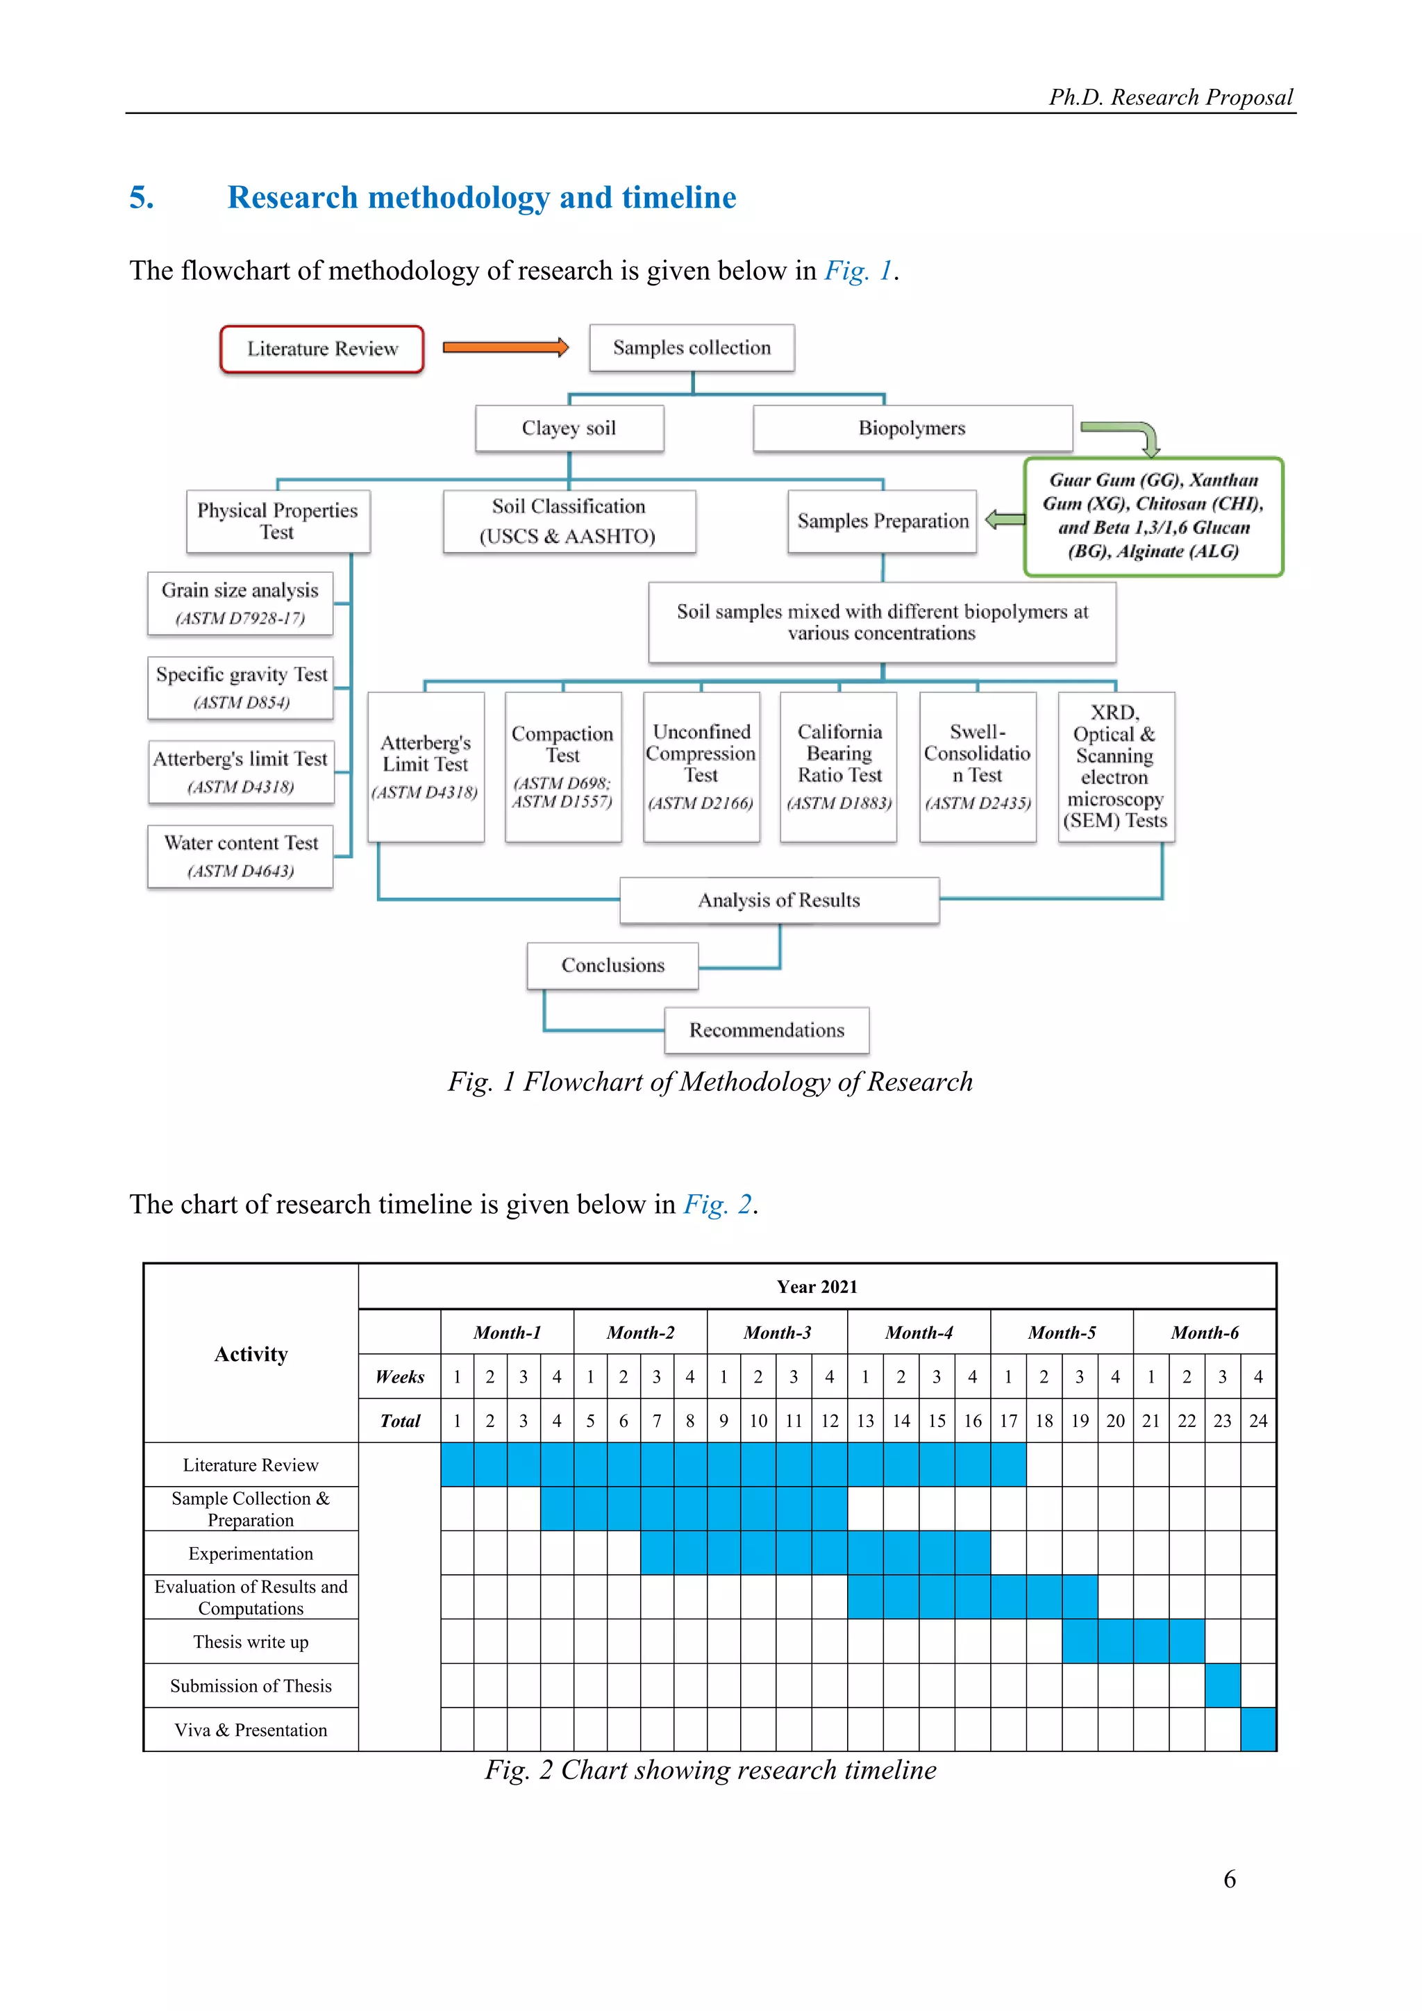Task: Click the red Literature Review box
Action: [x=322, y=349]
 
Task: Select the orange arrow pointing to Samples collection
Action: [x=505, y=348]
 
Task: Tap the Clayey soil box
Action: [x=569, y=428]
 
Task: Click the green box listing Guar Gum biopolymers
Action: [x=1153, y=516]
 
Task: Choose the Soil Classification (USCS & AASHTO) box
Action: [x=569, y=521]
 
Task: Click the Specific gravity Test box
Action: [x=241, y=687]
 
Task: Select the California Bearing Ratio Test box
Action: [x=839, y=767]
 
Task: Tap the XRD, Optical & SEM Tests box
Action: [x=1116, y=767]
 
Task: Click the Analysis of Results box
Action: [x=779, y=901]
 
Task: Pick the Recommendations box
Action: [x=766, y=1030]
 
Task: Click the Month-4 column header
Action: [x=919, y=1332]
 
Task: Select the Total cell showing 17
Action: [x=1008, y=1421]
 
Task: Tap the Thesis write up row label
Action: [x=251, y=1642]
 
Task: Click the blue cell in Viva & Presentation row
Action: [x=1258, y=1729]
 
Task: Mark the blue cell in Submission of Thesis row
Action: [x=1222, y=1685]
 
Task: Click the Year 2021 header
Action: [x=817, y=1287]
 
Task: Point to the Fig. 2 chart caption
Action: [x=710, y=1769]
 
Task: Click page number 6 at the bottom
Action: [x=1230, y=1880]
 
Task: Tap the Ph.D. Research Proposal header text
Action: [x=1171, y=97]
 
